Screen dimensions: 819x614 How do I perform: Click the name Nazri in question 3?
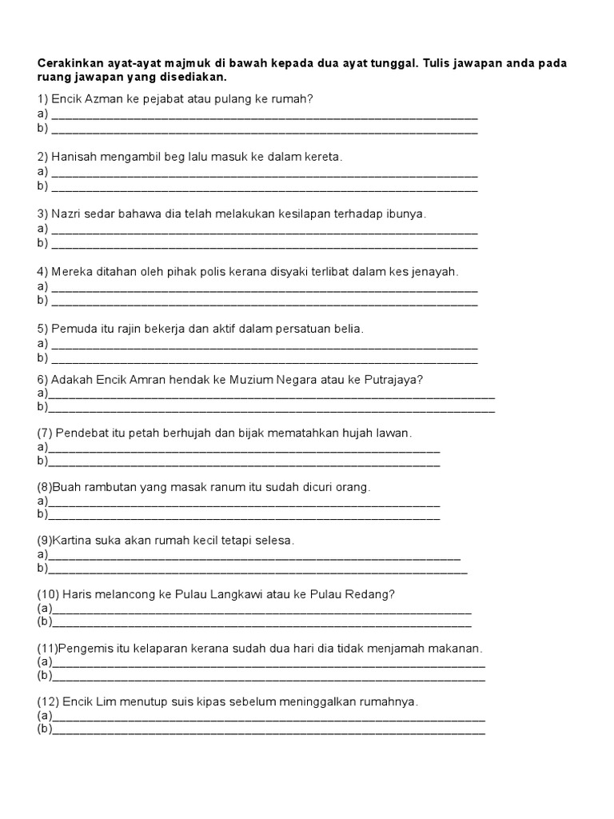click(67, 214)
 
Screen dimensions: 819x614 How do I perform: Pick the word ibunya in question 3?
click(406, 214)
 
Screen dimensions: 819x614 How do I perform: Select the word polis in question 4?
click(226, 272)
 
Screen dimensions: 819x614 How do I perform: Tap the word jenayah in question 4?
click(435, 272)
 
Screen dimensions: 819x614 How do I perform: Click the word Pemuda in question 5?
click(74, 329)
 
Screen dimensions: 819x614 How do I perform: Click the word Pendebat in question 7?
click(81, 433)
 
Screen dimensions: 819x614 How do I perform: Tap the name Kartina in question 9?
click(70, 541)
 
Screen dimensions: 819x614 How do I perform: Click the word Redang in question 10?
click(367, 594)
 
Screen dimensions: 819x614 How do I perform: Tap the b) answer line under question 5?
click(264, 359)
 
